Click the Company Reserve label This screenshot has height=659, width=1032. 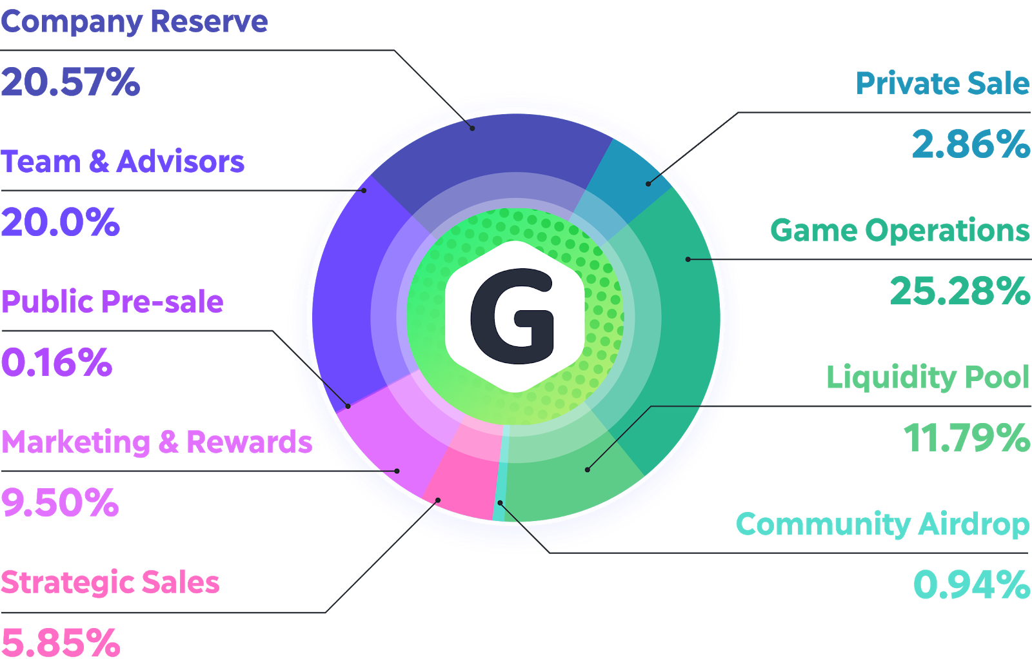[x=134, y=21]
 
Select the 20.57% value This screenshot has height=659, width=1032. [x=70, y=83]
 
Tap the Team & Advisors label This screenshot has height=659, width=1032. [x=123, y=162]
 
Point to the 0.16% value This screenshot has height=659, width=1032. [x=57, y=362]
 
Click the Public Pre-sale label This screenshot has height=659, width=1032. [x=112, y=302]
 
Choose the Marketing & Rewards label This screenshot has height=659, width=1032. [x=157, y=442]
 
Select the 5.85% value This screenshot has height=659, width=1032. [x=61, y=642]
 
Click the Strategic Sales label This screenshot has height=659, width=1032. [x=110, y=582]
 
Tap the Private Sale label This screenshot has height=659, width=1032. [x=942, y=84]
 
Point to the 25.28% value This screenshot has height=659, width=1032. [x=960, y=291]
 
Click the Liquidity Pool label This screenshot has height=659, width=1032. [x=928, y=377]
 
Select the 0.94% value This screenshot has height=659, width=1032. [x=971, y=585]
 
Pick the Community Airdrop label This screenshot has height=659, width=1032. [x=882, y=524]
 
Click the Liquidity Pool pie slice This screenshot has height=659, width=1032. [x=568, y=484]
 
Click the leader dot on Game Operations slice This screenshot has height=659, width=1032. [x=688, y=259]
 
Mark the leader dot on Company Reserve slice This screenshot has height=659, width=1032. [x=473, y=128]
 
